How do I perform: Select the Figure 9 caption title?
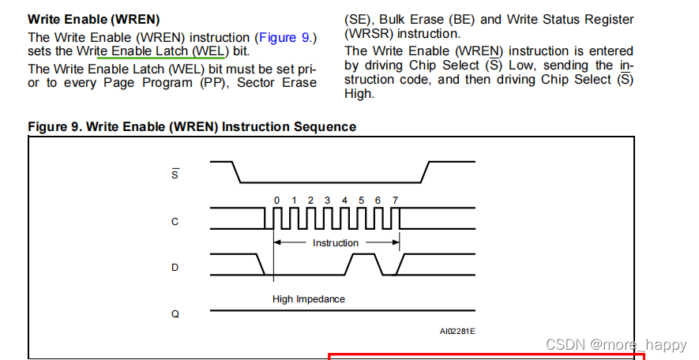tap(192, 126)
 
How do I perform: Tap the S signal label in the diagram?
tap(175, 173)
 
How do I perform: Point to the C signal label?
tap(175, 222)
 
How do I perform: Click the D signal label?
tap(175, 268)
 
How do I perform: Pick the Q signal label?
tap(175, 313)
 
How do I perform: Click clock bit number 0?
tap(276, 201)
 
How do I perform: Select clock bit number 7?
tap(395, 201)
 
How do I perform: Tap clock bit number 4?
tap(344, 201)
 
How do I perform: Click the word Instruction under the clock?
tap(336, 243)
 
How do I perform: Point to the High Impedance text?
tap(309, 299)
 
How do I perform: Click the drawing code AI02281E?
tap(457, 332)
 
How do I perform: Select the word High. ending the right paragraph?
tap(359, 94)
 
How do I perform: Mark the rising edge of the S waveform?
tap(426, 171)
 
